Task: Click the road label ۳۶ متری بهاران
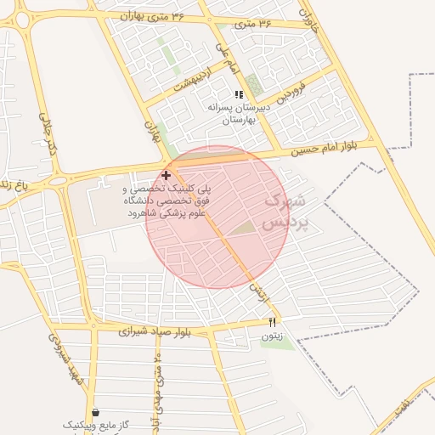pos(152,15)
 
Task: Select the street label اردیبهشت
pos(191,83)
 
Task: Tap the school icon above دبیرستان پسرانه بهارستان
pos(239,94)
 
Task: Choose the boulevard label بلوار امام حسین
pos(323,150)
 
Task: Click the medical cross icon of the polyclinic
pos(166,174)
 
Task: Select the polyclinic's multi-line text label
pos(166,201)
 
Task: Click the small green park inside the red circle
pos(244,228)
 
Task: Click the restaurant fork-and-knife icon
pos(272,322)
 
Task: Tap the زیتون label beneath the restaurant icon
pos(272,336)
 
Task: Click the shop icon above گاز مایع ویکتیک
pos(95,411)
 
